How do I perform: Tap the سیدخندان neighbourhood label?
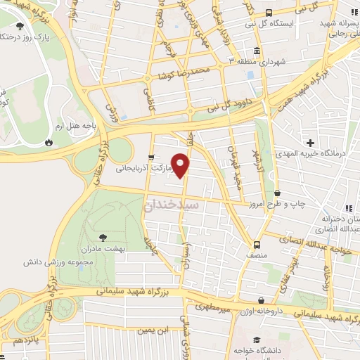click(x=172, y=205)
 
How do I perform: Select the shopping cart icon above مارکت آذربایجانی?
click(x=151, y=157)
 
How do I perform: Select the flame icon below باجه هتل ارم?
click(x=49, y=141)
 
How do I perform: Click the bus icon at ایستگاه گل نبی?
click(x=269, y=12)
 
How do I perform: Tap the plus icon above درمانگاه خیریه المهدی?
click(x=309, y=143)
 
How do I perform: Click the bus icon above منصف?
click(x=257, y=245)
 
